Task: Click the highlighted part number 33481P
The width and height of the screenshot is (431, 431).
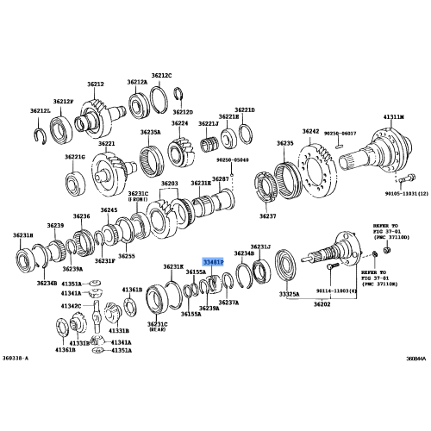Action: click(214, 260)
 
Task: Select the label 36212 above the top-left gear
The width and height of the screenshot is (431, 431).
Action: click(94, 84)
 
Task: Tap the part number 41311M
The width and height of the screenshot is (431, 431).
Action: click(392, 116)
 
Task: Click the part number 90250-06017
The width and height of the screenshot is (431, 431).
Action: click(343, 132)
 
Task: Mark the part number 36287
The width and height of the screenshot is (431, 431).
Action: click(220, 178)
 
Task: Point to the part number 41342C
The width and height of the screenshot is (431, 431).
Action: click(71, 306)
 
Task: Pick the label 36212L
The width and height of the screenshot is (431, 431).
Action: click(41, 110)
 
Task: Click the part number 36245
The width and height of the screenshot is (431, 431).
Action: click(108, 210)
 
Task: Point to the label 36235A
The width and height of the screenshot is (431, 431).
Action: click(151, 132)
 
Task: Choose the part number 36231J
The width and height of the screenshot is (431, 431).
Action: click(260, 246)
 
